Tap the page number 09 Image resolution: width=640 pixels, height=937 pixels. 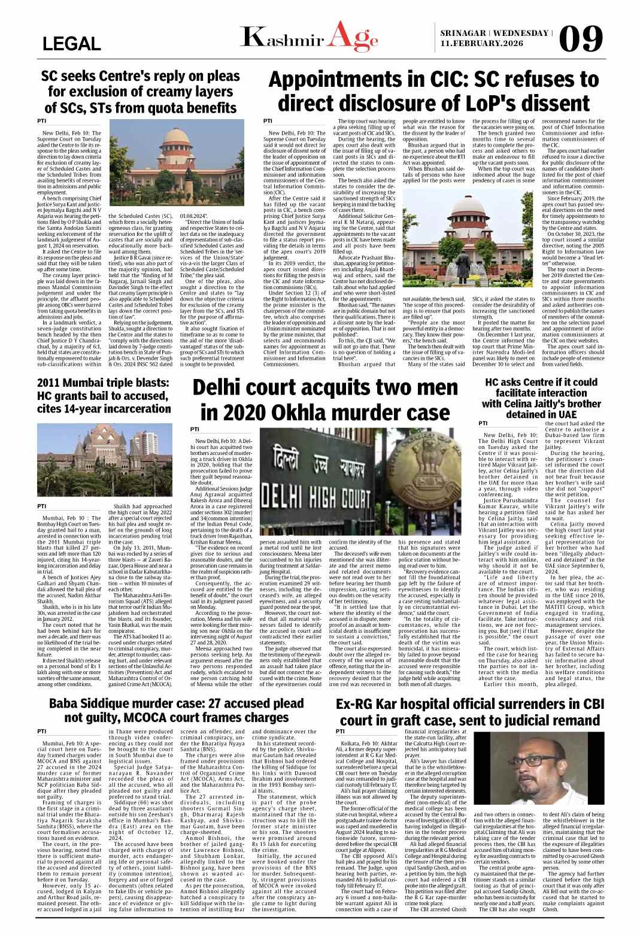click(581, 40)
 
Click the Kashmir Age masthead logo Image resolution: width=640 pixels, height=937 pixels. click(309, 38)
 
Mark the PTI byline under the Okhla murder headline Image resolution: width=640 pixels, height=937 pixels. click(195, 429)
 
